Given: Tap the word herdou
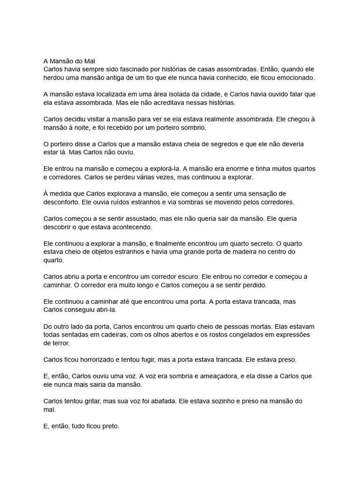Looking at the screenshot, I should (54, 78).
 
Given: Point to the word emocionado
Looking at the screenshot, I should (295, 78).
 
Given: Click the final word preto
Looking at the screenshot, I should (110, 426).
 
